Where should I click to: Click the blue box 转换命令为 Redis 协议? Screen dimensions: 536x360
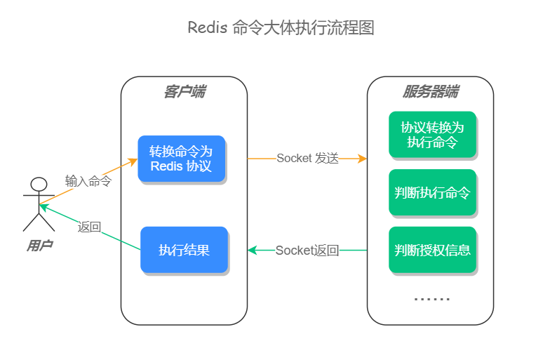(182, 159)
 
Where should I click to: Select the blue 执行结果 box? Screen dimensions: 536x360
(185, 250)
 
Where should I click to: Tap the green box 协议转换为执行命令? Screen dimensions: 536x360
(432, 134)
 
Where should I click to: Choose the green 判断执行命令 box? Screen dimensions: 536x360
(432, 192)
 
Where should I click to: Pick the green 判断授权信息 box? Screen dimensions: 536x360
(432, 250)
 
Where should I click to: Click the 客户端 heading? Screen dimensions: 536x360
(185, 92)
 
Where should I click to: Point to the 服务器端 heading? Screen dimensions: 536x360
(431, 92)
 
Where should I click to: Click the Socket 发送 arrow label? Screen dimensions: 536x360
(307, 159)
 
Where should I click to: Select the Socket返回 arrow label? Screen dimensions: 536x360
(307, 251)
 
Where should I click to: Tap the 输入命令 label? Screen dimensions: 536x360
(88, 181)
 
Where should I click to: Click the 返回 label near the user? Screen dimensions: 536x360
(89, 227)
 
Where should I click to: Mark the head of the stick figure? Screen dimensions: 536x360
(39, 185)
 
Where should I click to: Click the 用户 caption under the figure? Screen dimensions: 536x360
(40, 245)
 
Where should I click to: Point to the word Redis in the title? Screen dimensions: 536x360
(208, 27)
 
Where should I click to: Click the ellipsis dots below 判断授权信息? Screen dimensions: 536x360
(431, 299)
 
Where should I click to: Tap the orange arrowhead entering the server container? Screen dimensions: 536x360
(362, 159)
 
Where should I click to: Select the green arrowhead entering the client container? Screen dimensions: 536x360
(253, 251)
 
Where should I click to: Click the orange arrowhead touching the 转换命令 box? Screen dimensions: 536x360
(133, 161)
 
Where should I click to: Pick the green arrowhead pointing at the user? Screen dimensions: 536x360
(44, 206)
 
